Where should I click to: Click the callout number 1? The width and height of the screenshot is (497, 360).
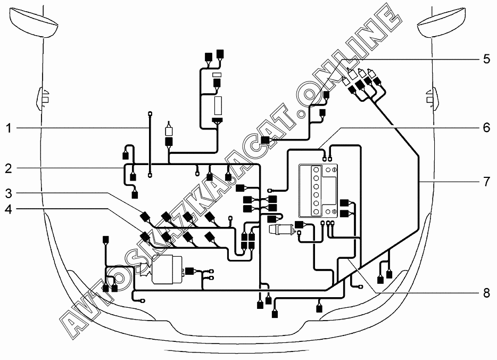(9, 128)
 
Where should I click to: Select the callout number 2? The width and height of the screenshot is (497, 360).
(9, 169)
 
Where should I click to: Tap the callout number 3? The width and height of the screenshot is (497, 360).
(9, 192)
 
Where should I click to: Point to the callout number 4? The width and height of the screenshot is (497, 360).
(9, 209)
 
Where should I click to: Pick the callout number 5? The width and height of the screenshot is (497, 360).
(486, 58)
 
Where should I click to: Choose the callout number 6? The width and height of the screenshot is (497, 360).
(486, 128)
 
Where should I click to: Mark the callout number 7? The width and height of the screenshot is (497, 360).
(486, 181)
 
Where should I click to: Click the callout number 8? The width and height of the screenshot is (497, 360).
(486, 292)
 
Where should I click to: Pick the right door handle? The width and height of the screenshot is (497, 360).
(430, 96)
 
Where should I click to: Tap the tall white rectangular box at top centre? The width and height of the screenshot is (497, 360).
(218, 106)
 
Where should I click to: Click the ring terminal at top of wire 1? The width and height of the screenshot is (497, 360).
(150, 113)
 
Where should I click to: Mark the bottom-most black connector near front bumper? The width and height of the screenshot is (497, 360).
(275, 313)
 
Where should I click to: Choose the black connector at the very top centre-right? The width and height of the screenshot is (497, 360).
(220, 53)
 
